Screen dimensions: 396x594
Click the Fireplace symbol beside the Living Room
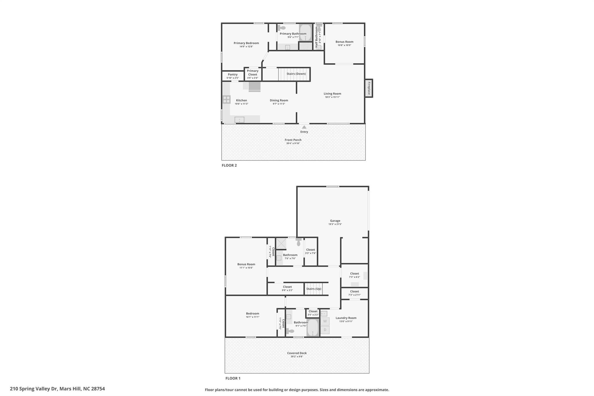click(369, 88)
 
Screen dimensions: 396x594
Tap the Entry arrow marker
click(304, 127)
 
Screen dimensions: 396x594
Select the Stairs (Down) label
click(296, 74)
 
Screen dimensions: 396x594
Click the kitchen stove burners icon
click(227, 100)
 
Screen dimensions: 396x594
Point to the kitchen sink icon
click(239, 120)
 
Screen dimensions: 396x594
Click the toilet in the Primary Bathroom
click(281, 28)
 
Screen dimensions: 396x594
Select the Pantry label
click(233, 75)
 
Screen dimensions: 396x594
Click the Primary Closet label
click(253, 73)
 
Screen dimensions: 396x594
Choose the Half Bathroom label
click(316, 37)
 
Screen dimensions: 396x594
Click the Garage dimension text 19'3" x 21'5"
click(335, 224)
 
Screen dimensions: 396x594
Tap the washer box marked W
click(325, 321)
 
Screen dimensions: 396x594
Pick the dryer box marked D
click(325, 330)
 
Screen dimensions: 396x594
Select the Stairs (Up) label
click(314, 289)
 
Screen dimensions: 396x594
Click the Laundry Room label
click(346, 318)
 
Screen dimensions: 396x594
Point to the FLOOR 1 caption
click(233, 378)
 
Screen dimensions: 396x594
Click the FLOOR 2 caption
click(229, 165)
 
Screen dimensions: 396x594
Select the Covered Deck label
click(297, 353)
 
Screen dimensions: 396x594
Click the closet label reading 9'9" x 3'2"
click(287, 290)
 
